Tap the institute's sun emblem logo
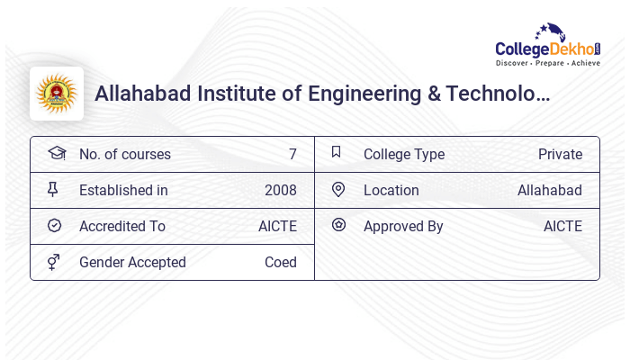[57, 94]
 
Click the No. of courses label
[124, 155]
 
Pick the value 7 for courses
[292, 155]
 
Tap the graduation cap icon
[56, 154]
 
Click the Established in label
[123, 191]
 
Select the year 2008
[280, 191]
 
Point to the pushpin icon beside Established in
[53, 190]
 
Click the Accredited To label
[122, 227]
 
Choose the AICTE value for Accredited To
[277, 227]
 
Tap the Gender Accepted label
[132, 263]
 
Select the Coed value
[280, 263]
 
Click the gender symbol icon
[54, 262]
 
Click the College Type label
[403, 155]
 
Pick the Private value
[560, 155]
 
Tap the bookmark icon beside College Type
[336, 153]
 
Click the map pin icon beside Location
[338, 190]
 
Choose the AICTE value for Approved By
[562, 227]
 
